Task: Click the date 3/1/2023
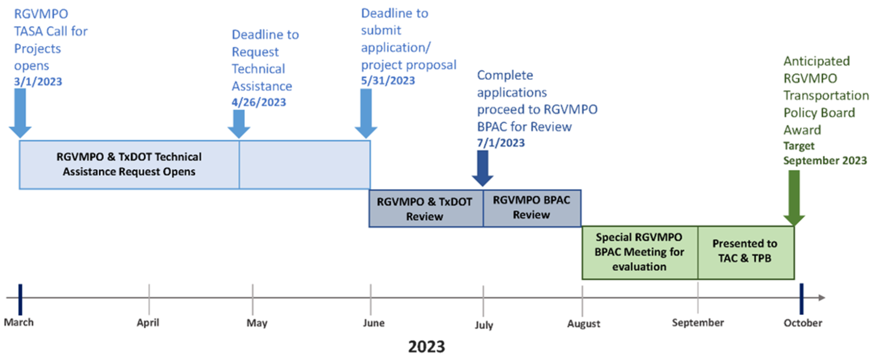[38, 82]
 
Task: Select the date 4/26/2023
[259, 102]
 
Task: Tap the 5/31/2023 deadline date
[388, 81]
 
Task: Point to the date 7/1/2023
[500, 143]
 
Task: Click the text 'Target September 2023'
[824, 153]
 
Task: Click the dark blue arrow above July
[482, 168]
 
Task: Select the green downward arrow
[794, 197]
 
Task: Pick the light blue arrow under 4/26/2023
[239, 123]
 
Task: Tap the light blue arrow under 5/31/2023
[366, 113]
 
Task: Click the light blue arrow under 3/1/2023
[20, 113]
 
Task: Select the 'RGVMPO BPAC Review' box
[532, 208]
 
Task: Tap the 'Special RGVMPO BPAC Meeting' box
[639, 252]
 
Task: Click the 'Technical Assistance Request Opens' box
[129, 164]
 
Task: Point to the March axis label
[19, 322]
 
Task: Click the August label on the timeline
[584, 324]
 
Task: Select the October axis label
[803, 323]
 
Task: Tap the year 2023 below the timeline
[426, 347]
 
